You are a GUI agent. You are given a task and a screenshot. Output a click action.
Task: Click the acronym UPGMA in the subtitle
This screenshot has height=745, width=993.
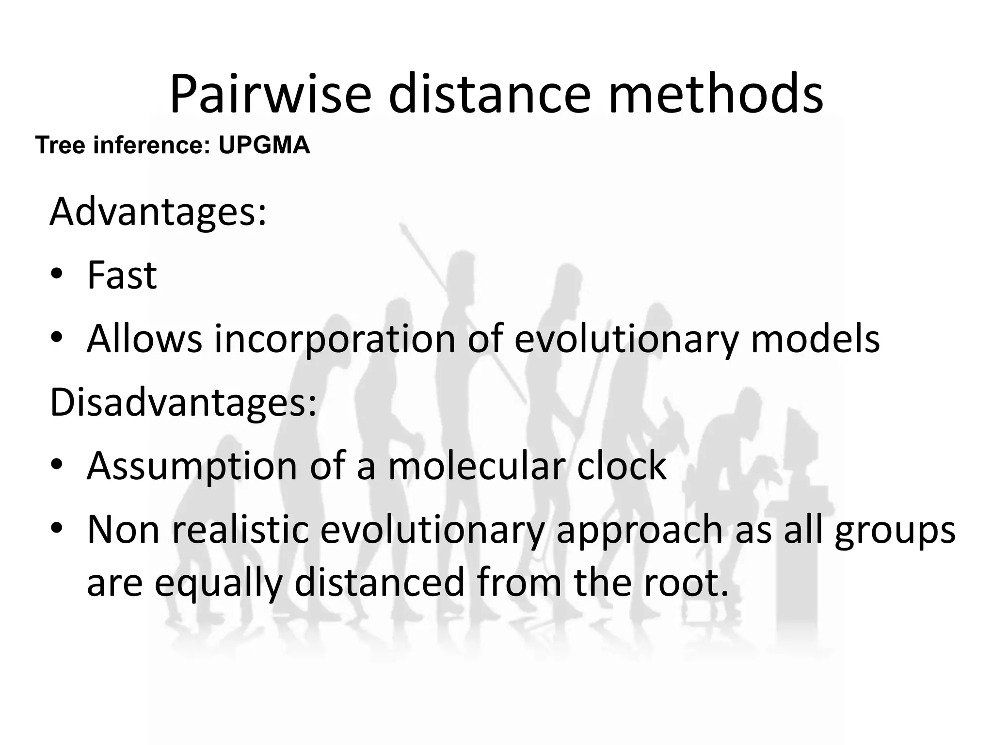pyautogui.click(x=264, y=145)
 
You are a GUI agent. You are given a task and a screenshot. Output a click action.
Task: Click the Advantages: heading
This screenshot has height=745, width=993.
pyautogui.click(x=158, y=212)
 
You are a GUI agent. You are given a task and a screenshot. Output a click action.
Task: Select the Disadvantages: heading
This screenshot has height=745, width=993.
pyautogui.click(x=183, y=402)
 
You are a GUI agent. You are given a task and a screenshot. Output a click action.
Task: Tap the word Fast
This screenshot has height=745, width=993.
pyautogui.click(x=122, y=275)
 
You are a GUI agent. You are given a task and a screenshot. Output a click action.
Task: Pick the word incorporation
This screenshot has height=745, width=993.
pyautogui.click(x=335, y=339)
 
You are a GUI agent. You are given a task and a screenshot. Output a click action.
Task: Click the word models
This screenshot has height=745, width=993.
pyautogui.click(x=815, y=339)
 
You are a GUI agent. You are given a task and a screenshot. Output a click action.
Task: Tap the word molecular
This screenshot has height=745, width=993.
pyautogui.click(x=477, y=466)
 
